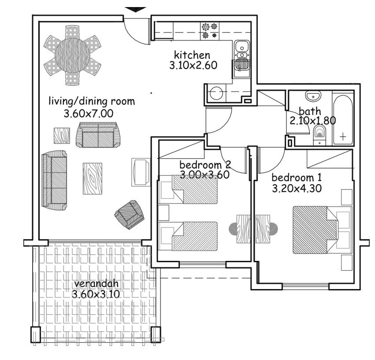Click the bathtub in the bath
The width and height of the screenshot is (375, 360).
click(x=343, y=118)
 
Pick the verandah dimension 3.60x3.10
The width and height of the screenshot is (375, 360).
click(x=95, y=294)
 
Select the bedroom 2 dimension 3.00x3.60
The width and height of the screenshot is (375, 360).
click(x=205, y=174)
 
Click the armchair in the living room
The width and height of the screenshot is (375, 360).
click(x=130, y=215)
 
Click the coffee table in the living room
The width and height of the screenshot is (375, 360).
click(x=93, y=179)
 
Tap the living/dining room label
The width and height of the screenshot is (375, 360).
click(x=92, y=102)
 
